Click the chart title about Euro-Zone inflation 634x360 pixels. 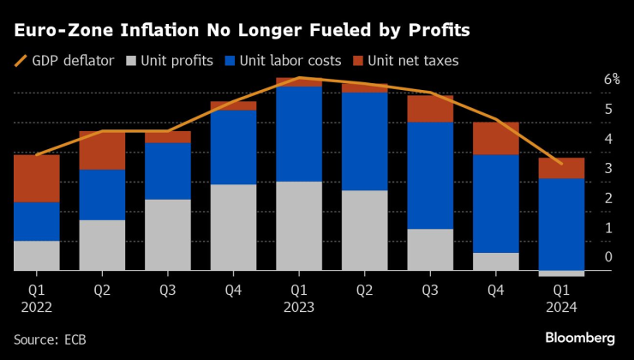pos(241,31)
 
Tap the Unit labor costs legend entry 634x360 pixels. pos(283,61)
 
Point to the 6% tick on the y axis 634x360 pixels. pos(612,80)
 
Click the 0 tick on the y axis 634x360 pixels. pos(608,257)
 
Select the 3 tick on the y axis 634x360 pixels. pos(608,168)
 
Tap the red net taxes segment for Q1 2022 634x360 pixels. pos(37,178)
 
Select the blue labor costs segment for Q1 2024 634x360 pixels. pos(561,224)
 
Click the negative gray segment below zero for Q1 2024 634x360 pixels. pos(561,273)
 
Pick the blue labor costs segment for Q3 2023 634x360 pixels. pos(430,176)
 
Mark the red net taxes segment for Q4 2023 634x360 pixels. pos(496,138)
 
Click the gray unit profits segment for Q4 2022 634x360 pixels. pos(233,227)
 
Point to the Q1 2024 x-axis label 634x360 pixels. pos(561,298)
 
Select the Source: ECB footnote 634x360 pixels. pos(50,339)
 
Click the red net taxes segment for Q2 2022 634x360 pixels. pos(102,151)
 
